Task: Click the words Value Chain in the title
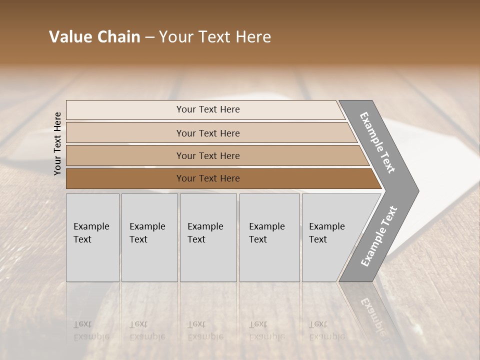coord(94,37)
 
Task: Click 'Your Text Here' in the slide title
coord(215,37)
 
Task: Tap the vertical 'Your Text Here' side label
coord(57,143)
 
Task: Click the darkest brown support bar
coord(125,178)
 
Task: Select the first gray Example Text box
coord(92,237)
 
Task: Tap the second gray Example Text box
coord(149,237)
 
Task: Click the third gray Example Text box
coord(208,237)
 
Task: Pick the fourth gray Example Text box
coord(269,237)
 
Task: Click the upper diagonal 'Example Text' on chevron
coord(378,142)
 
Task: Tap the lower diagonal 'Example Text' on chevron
coord(379,236)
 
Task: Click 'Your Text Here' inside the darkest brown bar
coord(208,178)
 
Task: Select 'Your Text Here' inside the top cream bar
coord(208,109)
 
